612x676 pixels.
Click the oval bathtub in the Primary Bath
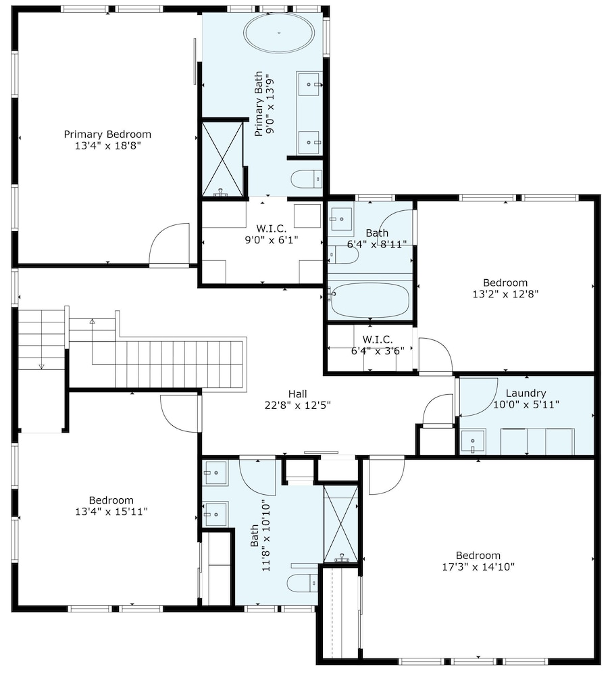pos(279,32)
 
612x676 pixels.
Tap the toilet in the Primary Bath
pos(307,179)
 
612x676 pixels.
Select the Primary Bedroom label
pos(107,134)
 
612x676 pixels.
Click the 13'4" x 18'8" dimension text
pos(108,146)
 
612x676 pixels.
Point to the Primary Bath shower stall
pos(223,159)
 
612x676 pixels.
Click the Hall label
pos(298,393)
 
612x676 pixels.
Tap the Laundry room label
pos(526,393)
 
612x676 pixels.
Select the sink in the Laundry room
pos(473,441)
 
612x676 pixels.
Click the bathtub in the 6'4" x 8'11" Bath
pos(369,299)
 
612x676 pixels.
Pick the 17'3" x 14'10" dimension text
pos(478,566)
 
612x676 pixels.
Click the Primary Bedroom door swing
pos(170,243)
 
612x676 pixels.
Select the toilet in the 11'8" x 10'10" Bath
pos(303,583)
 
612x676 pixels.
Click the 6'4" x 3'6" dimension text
pos(378,351)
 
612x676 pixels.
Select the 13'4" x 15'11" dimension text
pos(111,512)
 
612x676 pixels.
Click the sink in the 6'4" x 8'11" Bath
pos(341,219)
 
